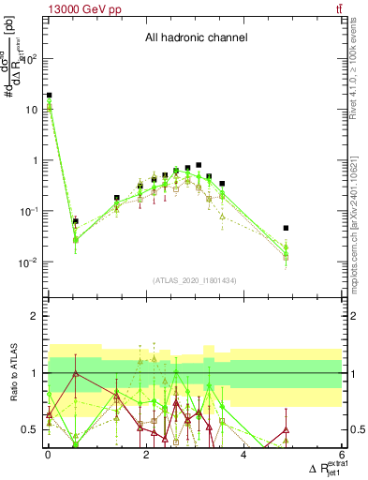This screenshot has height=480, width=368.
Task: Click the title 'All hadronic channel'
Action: pos(195,38)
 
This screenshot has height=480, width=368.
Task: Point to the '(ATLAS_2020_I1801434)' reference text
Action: pos(195,280)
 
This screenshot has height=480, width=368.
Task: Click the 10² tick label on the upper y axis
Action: pos(27,58)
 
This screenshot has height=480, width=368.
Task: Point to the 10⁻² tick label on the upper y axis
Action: pos(27,262)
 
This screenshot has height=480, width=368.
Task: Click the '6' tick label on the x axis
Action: pos(342,456)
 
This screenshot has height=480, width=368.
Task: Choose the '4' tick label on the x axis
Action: pos(243,456)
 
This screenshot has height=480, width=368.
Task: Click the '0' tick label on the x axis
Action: pos(48,456)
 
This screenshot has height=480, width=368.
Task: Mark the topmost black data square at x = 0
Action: pos(49,95)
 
